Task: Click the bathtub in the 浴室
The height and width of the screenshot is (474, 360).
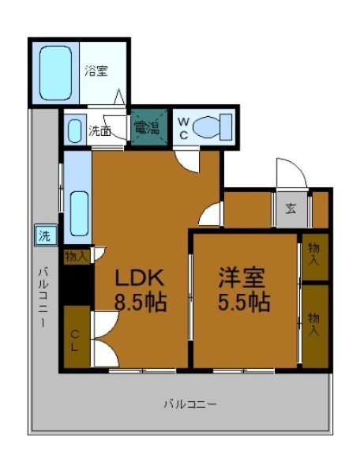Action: [55, 73]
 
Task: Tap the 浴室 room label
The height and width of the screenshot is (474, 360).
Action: [96, 71]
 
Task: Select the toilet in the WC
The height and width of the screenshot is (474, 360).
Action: [212, 127]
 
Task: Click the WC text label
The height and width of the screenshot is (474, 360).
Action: [183, 129]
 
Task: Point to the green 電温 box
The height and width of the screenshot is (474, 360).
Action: [149, 127]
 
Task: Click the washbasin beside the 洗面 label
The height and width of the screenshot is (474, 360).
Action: [74, 131]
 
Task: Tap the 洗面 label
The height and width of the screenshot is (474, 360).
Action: [99, 131]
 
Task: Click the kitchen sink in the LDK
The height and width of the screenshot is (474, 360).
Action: [80, 213]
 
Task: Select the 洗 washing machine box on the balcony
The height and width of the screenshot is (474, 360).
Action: [46, 235]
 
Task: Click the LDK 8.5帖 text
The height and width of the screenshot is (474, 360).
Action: [141, 290]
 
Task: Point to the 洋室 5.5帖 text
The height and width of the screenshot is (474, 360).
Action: [244, 290]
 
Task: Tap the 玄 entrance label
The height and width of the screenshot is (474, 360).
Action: [291, 209]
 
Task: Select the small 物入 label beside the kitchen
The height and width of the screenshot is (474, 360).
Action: [77, 257]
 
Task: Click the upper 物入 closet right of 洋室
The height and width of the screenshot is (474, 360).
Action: [315, 257]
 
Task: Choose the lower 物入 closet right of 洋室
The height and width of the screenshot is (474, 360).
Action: [315, 326]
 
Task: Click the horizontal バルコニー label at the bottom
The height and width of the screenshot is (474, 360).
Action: [190, 404]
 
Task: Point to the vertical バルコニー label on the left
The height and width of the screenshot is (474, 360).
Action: [43, 297]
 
